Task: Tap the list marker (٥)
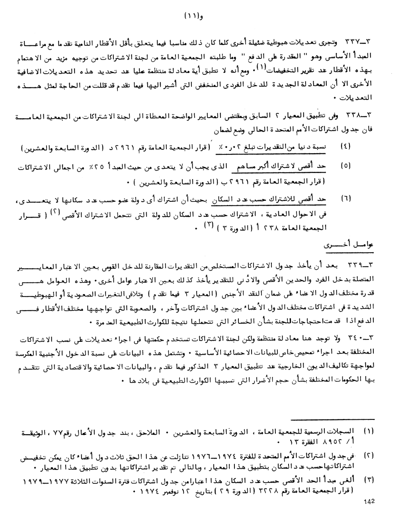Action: coord(345,166)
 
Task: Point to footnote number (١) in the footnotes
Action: coord(369,431)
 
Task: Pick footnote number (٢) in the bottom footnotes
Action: coord(369,454)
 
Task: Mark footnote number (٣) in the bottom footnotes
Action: coord(369,477)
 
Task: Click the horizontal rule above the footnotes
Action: coord(333,419)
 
